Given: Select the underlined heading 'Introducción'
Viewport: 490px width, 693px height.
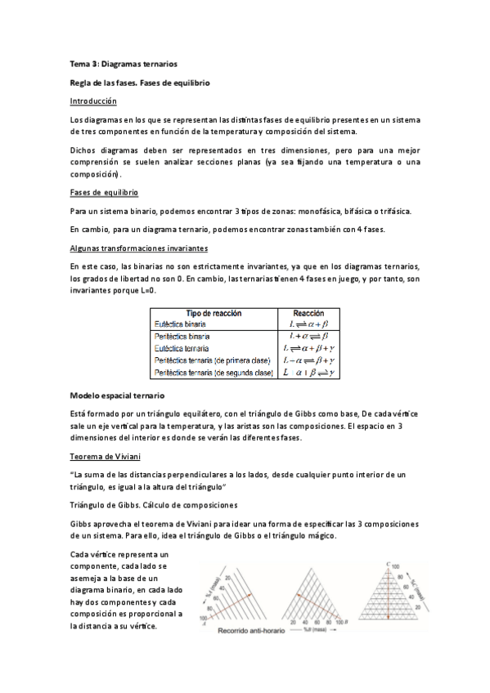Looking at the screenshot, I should (x=93, y=101).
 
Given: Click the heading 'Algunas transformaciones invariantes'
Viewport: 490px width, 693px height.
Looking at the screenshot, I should (x=139, y=247).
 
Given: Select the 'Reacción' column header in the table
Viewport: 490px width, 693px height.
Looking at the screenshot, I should (x=308, y=313).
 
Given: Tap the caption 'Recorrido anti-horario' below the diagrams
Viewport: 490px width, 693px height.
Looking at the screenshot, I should (x=253, y=632).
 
